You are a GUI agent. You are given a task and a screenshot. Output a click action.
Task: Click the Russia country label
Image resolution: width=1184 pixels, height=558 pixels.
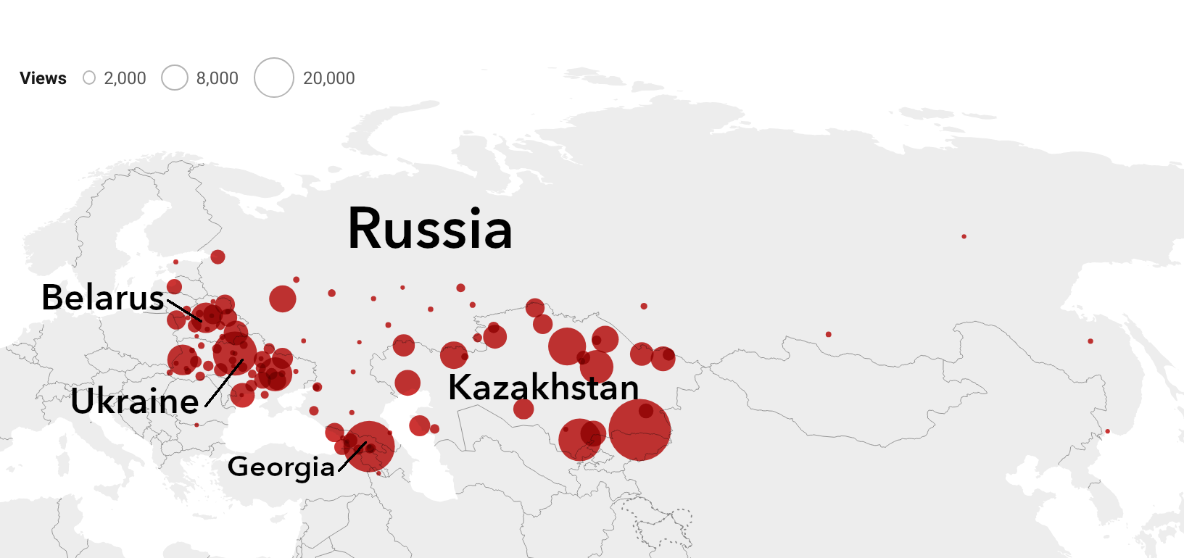(x=430, y=229)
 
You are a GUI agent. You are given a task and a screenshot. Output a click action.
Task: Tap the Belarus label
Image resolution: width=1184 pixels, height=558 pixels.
(x=103, y=297)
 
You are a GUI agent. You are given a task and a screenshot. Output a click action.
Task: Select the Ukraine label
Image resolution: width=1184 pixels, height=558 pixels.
(x=135, y=401)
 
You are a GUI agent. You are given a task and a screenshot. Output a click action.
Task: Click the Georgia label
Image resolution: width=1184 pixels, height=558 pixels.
(x=281, y=466)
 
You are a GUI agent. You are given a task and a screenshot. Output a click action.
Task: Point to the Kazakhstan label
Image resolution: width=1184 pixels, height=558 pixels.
(x=544, y=387)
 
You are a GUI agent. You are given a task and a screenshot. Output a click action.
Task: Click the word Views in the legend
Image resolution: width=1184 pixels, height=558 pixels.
(x=43, y=78)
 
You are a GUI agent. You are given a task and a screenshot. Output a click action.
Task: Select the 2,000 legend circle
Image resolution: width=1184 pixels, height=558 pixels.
(x=89, y=78)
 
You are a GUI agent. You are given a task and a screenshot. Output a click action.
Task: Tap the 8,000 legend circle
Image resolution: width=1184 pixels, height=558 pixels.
(x=175, y=78)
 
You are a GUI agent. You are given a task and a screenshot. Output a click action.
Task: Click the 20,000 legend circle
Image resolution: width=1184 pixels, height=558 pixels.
(x=274, y=78)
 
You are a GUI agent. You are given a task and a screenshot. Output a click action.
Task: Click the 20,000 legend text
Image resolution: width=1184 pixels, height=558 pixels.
(x=329, y=78)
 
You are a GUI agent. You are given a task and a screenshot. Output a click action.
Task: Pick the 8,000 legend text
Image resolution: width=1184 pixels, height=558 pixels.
(x=218, y=78)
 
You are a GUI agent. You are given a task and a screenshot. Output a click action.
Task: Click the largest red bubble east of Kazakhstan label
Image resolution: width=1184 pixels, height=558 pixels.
(x=639, y=430)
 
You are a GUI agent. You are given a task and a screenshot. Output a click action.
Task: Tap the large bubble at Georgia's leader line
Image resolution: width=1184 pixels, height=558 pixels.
(x=369, y=446)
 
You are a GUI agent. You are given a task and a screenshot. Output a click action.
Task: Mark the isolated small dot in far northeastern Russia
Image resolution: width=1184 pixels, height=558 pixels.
(x=964, y=236)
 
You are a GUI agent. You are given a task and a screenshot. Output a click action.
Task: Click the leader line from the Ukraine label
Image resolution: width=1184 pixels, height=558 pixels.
(x=223, y=383)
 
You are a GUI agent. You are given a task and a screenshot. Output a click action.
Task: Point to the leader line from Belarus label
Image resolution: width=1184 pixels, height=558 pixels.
(x=184, y=310)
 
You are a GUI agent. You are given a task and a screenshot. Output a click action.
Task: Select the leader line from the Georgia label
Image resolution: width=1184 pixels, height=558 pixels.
(x=352, y=457)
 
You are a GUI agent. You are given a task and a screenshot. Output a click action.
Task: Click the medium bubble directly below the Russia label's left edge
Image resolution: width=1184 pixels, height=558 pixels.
(x=283, y=299)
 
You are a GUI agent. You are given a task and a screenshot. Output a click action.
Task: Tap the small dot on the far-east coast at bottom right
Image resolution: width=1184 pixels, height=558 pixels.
(x=1107, y=431)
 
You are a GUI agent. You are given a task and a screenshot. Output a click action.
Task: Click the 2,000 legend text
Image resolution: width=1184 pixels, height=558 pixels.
(x=125, y=78)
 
